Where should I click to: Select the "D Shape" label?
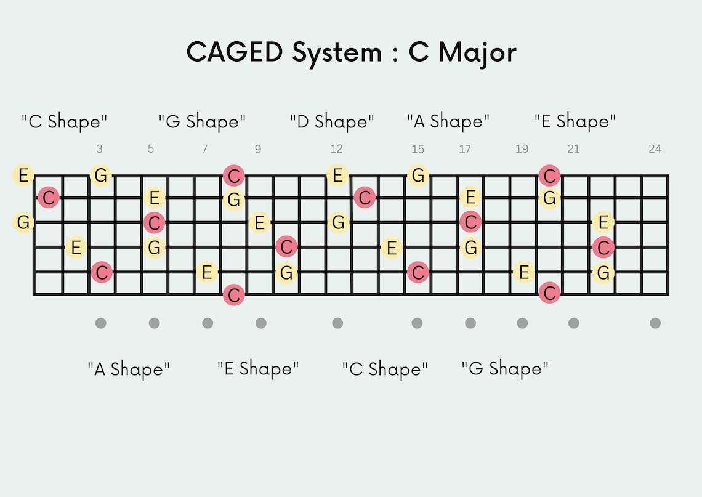point(332,121)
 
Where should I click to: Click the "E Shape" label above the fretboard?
point(575,121)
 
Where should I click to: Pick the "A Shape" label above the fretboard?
point(448,121)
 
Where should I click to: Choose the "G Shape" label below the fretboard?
point(505,369)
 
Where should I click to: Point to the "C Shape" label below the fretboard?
point(385,369)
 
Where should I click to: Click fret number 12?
point(336,149)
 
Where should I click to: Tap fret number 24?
point(655,149)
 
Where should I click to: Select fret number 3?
point(100,149)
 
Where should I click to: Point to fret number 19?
point(522,149)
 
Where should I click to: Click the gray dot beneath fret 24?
point(655,323)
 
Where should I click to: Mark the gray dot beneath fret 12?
point(337,323)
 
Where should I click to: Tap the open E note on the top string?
point(23,176)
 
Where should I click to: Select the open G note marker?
point(23,222)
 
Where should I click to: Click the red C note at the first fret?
point(48,198)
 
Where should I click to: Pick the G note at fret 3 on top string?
point(101,176)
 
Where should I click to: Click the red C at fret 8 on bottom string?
point(233,294)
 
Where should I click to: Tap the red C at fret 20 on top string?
point(549,176)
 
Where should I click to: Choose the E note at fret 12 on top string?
point(337,176)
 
